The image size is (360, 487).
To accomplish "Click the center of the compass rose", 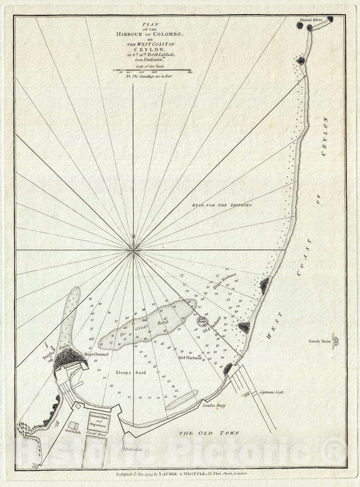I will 135,250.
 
